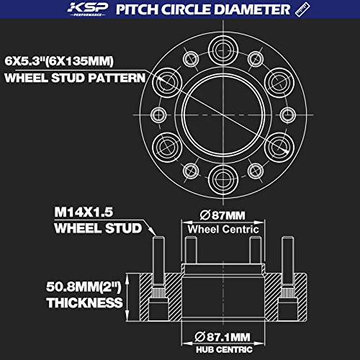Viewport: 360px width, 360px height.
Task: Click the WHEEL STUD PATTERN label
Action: tap(73, 77)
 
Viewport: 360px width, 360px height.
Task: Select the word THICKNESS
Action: tap(84, 303)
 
